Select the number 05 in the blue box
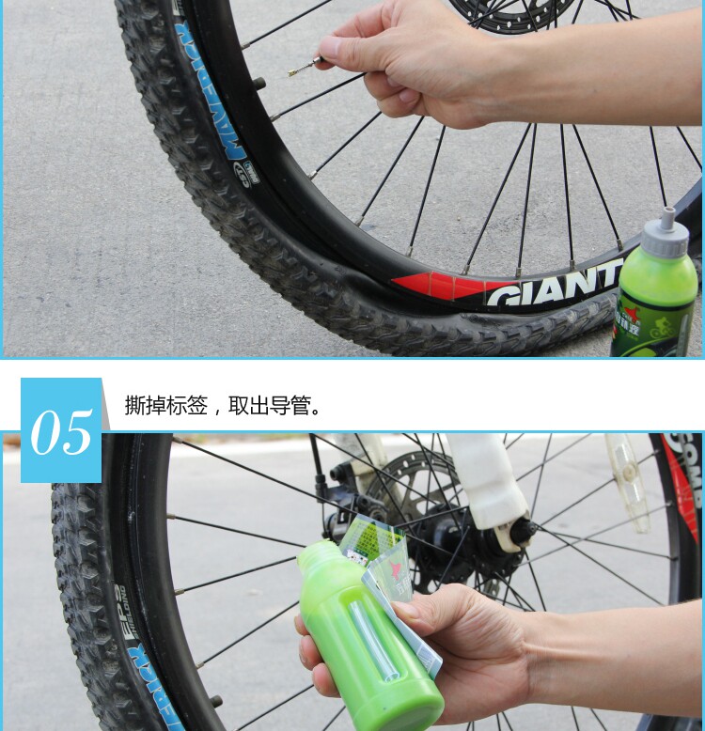tap(61, 432)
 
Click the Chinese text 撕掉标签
tap(165, 406)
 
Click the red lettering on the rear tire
tap(684, 479)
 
